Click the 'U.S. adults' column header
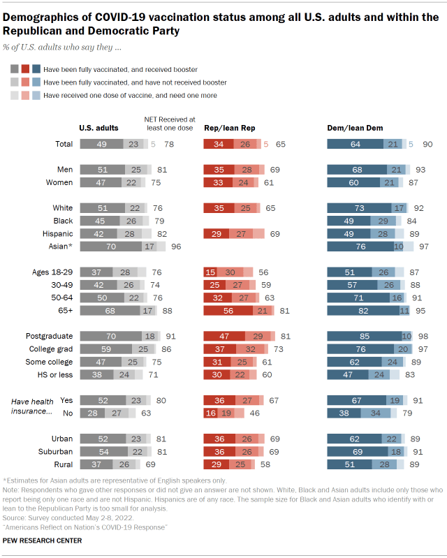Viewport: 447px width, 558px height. click(x=98, y=128)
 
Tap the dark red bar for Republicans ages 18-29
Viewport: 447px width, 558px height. click(x=210, y=272)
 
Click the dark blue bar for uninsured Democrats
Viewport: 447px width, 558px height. click(x=344, y=413)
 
